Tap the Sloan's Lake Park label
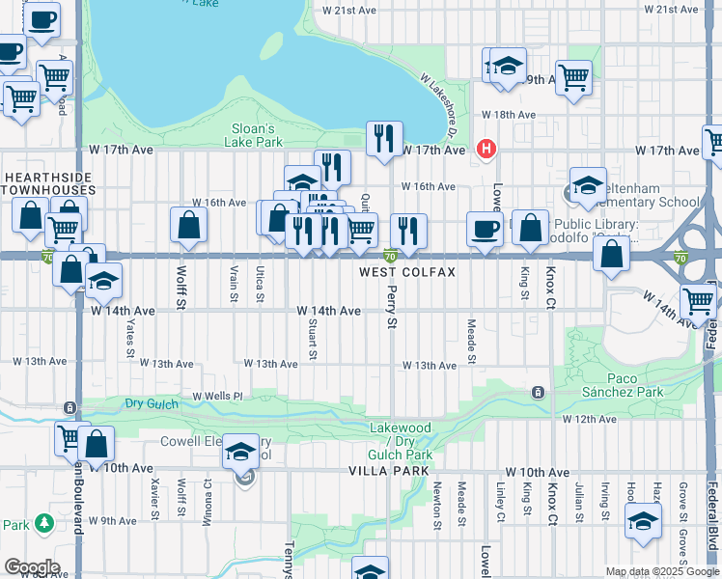tap(257, 135)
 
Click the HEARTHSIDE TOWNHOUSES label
tap(47, 185)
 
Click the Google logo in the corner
tap(31, 567)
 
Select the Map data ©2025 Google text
tap(662, 571)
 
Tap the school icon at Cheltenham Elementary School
tap(587, 185)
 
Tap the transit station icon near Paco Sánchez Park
tap(538, 392)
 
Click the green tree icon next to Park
tap(43, 523)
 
